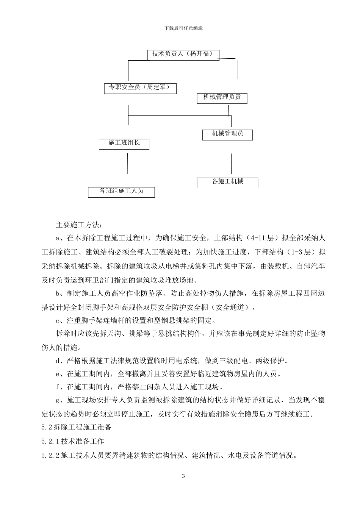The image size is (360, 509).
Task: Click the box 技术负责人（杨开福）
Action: click(x=183, y=54)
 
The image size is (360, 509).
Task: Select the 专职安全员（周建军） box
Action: click(x=140, y=88)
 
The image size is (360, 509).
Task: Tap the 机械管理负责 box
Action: click(x=222, y=98)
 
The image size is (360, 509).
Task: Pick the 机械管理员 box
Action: click(x=227, y=134)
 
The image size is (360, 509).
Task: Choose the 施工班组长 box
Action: click(x=124, y=144)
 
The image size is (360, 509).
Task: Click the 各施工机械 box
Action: click(x=227, y=182)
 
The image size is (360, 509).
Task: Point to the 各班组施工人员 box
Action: click(x=121, y=192)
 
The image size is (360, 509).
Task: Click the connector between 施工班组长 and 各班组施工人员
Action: click(x=128, y=163)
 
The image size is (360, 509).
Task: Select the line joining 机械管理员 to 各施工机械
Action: click(x=231, y=163)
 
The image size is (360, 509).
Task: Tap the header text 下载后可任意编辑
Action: click(x=184, y=28)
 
